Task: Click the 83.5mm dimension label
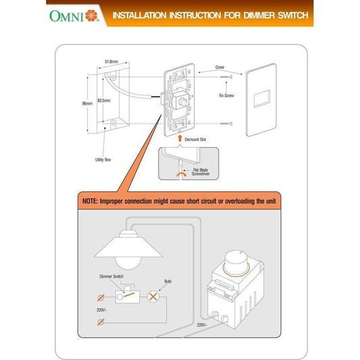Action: tap(105, 101)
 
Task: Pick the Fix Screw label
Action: tap(226, 96)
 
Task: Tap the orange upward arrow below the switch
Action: tap(179, 138)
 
